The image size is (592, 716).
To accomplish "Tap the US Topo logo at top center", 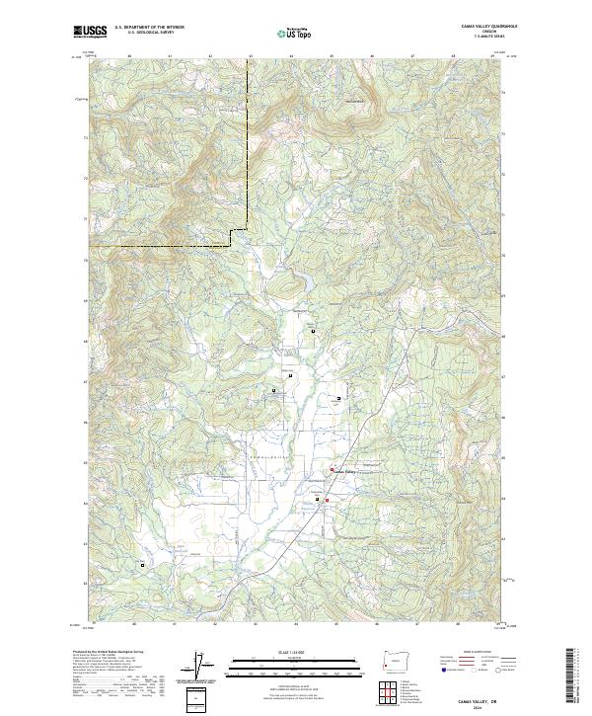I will (295, 33).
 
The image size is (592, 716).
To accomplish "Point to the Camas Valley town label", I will (342, 471).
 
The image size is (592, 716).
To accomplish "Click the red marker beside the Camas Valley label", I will (332, 469).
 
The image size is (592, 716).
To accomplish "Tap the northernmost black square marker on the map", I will (314, 331).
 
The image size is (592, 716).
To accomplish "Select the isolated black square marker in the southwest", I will (142, 565).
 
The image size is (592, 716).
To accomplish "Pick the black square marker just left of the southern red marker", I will (318, 500).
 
